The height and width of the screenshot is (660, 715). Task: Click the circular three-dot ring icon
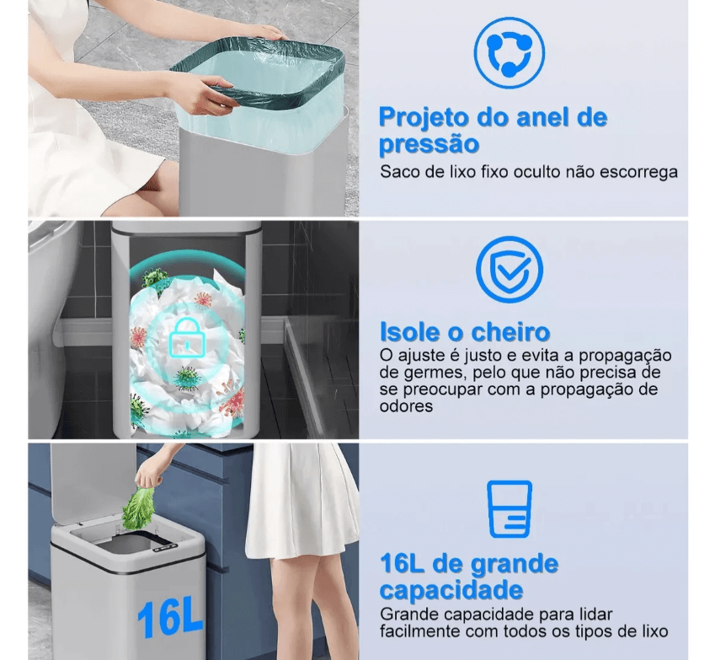pos(509,52)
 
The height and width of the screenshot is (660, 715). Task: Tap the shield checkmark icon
pos(510,270)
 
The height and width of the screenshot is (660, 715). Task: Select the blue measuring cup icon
pos(510,508)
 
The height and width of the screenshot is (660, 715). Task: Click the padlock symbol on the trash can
pos(187,338)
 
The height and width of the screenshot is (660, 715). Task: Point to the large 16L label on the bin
pos(169,619)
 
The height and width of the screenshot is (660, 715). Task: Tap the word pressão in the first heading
pos(429,144)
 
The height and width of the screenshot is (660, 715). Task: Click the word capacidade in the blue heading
pos(451,590)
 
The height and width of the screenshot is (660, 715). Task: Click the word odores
pos(406,405)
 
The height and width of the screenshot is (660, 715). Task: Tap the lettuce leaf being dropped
pos(139,509)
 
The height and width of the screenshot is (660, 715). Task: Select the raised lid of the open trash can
pos(93,483)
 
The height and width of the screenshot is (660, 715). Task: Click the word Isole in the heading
pos(408,332)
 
